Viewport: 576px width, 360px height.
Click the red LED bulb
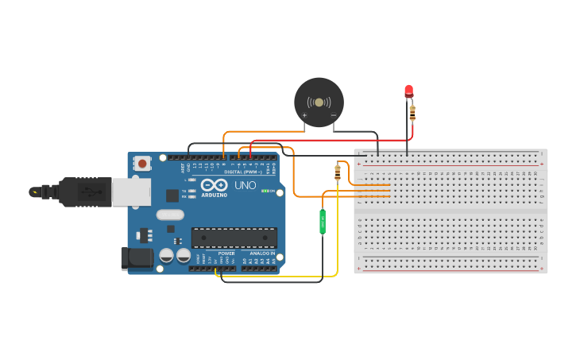click(x=408, y=91)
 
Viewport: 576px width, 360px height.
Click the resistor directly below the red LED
click(x=412, y=113)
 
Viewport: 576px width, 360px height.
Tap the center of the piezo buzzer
click(x=319, y=103)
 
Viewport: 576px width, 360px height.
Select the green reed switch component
click(x=323, y=222)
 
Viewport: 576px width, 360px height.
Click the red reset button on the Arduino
click(x=142, y=164)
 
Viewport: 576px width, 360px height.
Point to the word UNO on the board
click(x=245, y=186)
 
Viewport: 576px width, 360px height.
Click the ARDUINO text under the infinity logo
click(x=215, y=195)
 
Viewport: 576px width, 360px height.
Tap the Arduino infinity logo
click(x=215, y=184)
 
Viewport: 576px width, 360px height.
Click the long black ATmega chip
click(x=234, y=237)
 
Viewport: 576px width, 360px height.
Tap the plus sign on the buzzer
click(x=304, y=115)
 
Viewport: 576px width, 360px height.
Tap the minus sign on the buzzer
click(x=333, y=115)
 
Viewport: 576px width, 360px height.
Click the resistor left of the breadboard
click(x=338, y=172)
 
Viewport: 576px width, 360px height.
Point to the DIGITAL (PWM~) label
click(x=246, y=172)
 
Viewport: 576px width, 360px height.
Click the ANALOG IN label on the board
click(x=262, y=254)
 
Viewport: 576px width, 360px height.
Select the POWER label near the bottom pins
click(x=226, y=254)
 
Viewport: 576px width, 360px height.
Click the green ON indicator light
click(x=265, y=191)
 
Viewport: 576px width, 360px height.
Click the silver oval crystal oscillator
click(x=170, y=214)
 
